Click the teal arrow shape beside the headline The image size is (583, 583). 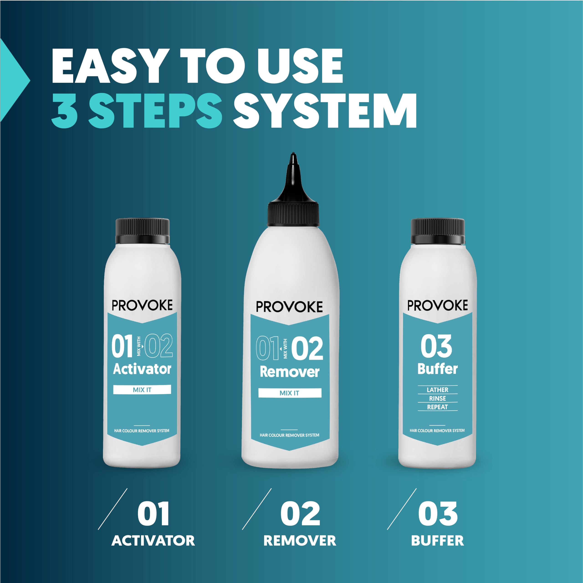click(x=14, y=80)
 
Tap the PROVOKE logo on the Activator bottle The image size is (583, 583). click(x=142, y=305)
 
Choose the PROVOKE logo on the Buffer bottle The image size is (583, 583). click(x=437, y=305)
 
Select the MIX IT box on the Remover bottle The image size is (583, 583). click(x=290, y=393)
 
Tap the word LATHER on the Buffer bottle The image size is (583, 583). click(x=437, y=390)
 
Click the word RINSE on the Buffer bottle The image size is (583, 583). click(x=437, y=398)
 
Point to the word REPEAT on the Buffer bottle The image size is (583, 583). click(x=437, y=407)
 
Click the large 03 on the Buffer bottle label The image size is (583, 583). click(x=436, y=347)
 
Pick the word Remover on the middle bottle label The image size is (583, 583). click(x=290, y=372)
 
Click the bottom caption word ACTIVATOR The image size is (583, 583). click(x=153, y=540)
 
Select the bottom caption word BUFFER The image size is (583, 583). click(x=437, y=540)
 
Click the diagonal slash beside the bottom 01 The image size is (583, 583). click(x=113, y=509)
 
